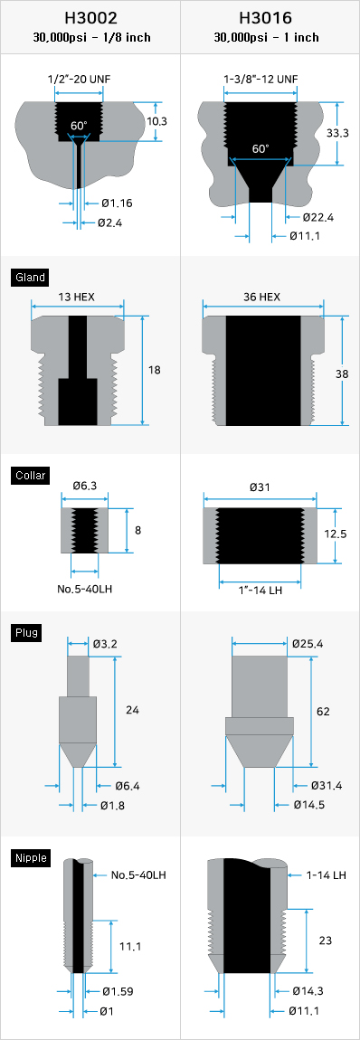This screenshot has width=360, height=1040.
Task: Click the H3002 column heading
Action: [x=91, y=17]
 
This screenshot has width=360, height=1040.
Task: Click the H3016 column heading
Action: [x=270, y=17]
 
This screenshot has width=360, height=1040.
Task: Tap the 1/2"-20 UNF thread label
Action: [x=79, y=80]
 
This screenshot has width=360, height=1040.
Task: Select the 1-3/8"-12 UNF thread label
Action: [x=261, y=80]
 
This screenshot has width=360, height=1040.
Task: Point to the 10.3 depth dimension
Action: [x=156, y=121]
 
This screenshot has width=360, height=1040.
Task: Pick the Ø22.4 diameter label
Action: [x=318, y=217]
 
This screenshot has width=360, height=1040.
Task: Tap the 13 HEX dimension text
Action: [x=76, y=297]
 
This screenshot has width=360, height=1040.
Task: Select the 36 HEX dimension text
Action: [x=262, y=297]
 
